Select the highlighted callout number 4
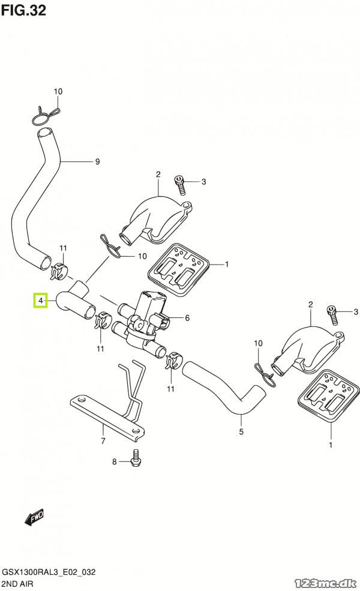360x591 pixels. coord(40,300)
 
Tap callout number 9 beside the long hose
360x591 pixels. coord(97,161)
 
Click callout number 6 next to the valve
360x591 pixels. coord(187,318)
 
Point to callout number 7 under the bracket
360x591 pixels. coord(103,441)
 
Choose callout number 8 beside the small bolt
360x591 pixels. coord(114,461)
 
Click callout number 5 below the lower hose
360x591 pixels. coord(241,431)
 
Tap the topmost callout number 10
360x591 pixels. coord(58,92)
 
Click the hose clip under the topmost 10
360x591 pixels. coord(46,112)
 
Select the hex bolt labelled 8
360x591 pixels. coord(135,458)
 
